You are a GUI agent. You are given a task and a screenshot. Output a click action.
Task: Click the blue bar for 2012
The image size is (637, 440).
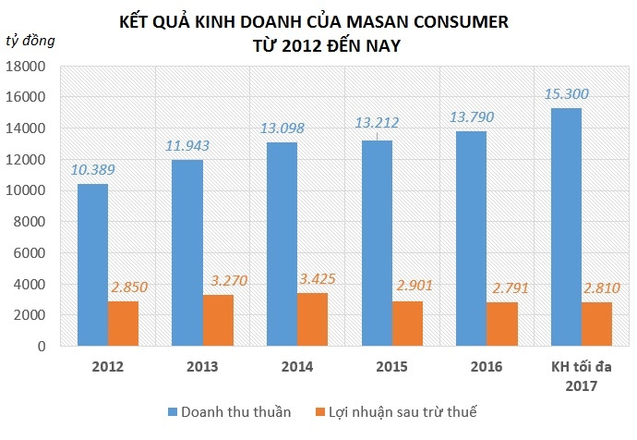coord(92,265)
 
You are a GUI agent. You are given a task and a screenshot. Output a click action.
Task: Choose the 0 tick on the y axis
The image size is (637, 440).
coord(42,346)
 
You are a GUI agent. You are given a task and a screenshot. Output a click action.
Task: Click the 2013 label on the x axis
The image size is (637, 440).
coord(203,367)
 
